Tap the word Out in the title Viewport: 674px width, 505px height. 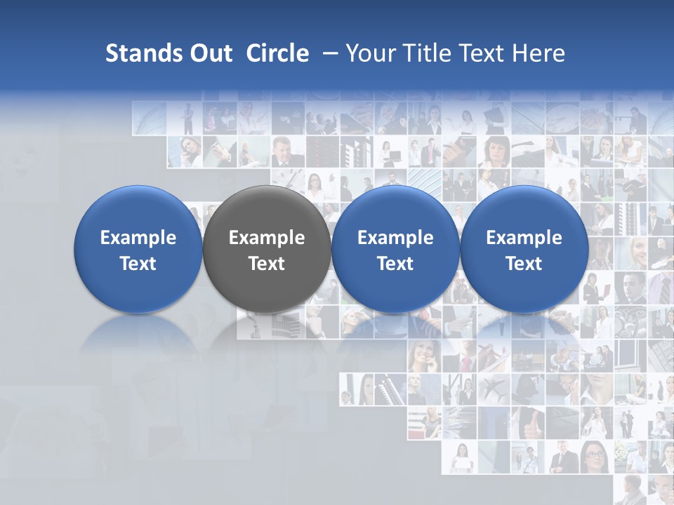point(209,53)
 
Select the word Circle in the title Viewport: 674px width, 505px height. point(277,53)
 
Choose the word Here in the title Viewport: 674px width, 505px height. point(538,53)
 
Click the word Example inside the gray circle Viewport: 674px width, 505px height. point(266,238)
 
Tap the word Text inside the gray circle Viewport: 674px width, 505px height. point(266,264)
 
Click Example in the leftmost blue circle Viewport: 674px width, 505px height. point(138,238)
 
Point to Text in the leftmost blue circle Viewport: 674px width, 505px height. point(138,264)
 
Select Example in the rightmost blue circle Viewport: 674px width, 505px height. point(524,238)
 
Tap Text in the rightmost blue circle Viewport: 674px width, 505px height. point(524,264)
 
